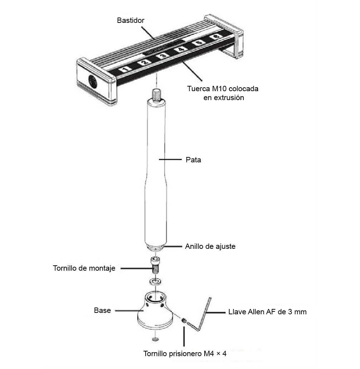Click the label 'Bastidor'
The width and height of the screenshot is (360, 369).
(x=131, y=20)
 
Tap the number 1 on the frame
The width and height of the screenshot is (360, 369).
(x=125, y=69)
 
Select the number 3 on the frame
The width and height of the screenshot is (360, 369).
(x=162, y=55)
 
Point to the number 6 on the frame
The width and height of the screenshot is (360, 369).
(x=215, y=36)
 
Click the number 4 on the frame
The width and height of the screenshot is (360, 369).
(x=181, y=49)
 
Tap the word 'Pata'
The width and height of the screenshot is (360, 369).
(x=193, y=160)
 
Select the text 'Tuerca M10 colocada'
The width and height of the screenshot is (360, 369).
(x=223, y=89)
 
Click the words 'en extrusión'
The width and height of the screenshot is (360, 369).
(x=223, y=97)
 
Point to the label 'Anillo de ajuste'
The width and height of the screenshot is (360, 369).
(x=210, y=246)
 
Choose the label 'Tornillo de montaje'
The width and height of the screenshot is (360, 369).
(x=84, y=268)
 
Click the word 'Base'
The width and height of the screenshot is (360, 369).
(x=102, y=310)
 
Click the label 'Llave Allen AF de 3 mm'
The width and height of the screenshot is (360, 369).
(x=267, y=311)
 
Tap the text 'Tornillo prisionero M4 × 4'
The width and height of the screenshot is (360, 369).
(x=185, y=354)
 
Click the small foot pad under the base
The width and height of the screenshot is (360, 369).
(x=155, y=339)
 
